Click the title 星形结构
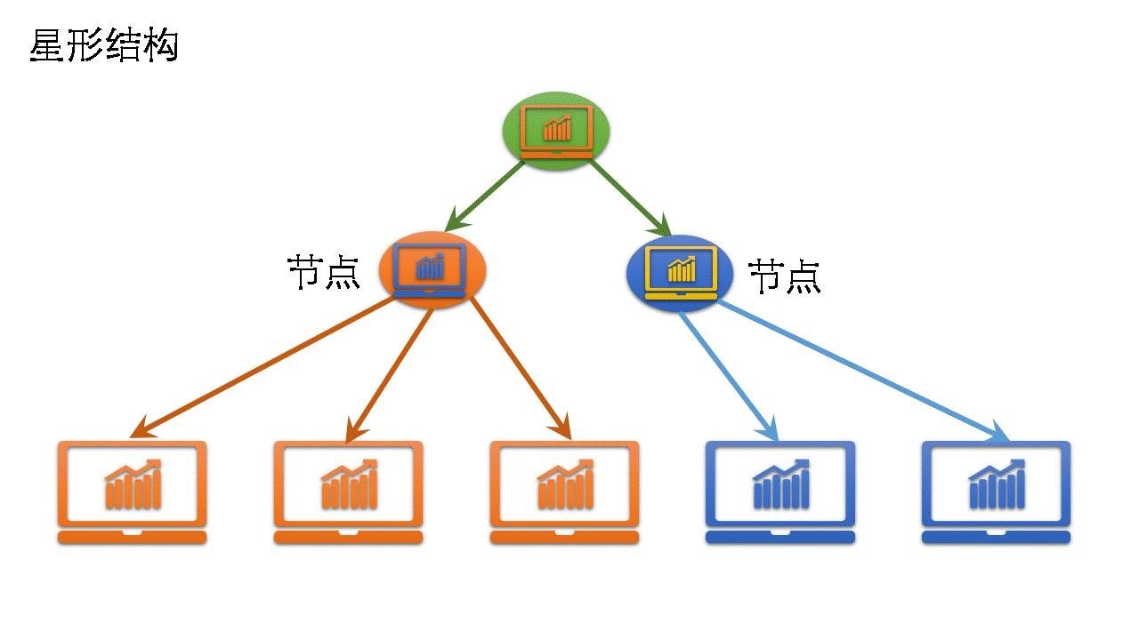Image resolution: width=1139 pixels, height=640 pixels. [x=104, y=45]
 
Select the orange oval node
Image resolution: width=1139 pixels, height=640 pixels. [x=432, y=268]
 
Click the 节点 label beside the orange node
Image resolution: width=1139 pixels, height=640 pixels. [x=323, y=272]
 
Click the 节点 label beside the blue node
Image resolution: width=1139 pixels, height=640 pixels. [x=784, y=276]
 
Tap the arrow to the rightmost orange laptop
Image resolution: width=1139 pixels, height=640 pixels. [x=520, y=367]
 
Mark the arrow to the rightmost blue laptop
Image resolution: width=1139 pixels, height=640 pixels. [x=863, y=371]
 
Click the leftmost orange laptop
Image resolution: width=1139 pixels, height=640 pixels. [x=132, y=492]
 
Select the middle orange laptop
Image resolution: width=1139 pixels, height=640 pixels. [x=348, y=492]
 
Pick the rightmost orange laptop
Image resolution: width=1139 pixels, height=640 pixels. [x=564, y=492]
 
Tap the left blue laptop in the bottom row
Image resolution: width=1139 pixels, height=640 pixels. [x=780, y=492]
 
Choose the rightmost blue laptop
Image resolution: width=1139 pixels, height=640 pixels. [x=996, y=492]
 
